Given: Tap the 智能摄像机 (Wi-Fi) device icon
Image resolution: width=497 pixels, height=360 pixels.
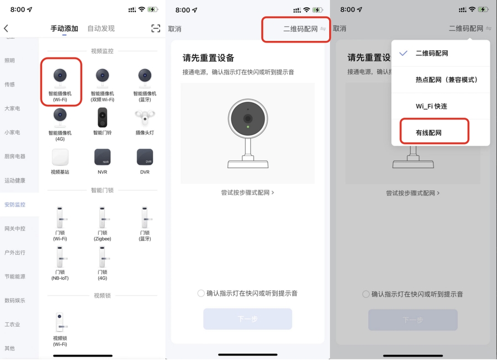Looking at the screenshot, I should (60, 76).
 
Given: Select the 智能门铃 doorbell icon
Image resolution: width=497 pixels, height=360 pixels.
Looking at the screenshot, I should (102, 117).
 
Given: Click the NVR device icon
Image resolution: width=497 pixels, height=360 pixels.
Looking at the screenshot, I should (102, 157).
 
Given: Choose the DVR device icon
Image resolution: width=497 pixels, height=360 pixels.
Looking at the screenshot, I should (145, 157).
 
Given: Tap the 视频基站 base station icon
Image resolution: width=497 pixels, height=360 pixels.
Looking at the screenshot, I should (60, 157).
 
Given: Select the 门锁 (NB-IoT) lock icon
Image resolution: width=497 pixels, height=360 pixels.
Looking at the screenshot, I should (60, 257).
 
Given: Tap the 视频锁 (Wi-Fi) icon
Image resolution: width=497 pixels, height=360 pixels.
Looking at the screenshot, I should (60, 322).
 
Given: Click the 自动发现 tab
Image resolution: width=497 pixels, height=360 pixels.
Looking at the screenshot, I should (101, 29).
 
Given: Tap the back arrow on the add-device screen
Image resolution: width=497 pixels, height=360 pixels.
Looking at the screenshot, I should (7, 29).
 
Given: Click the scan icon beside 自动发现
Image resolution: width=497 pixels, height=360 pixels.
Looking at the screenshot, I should (156, 29).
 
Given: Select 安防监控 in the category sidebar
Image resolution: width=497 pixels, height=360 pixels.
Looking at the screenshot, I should (15, 204).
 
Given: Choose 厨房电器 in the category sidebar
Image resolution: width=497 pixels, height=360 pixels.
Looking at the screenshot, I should (15, 156).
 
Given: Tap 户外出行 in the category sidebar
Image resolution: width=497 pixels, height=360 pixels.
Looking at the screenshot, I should (15, 252).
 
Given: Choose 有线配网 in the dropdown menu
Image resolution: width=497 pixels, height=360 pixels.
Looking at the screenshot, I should (429, 133).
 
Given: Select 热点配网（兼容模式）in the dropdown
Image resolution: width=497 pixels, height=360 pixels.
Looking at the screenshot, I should (446, 80).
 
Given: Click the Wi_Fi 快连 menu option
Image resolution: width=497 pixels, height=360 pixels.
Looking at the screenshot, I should (431, 106).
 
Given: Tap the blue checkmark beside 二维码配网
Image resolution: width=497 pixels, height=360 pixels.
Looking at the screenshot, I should (404, 54).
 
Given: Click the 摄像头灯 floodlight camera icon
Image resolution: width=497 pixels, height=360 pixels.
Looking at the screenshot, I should (145, 117).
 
